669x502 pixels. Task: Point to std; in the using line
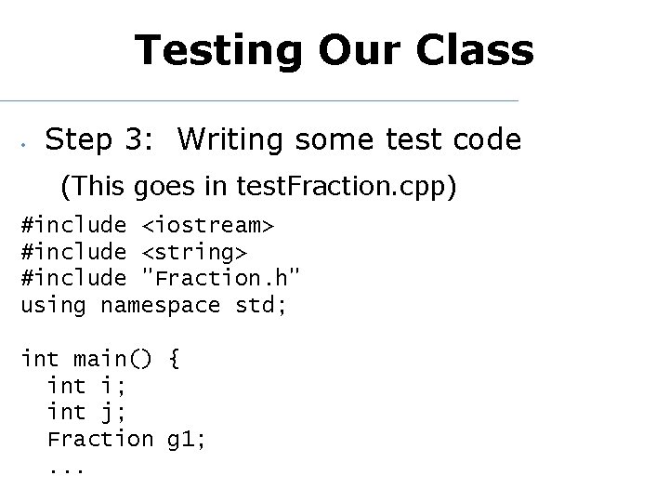click(x=261, y=305)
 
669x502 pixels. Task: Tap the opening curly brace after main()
click(x=174, y=359)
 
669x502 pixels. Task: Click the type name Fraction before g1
click(x=99, y=438)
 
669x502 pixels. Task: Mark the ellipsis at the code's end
click(x=66, y=469)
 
